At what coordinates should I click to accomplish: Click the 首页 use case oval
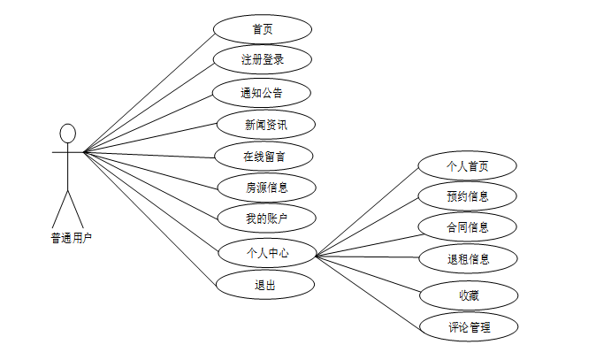coord(263,28)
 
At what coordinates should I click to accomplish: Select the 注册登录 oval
coord(263,60)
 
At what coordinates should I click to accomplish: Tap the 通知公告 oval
coord(263,92)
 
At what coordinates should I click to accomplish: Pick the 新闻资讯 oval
coord(265,124)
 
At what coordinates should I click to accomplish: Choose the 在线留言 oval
coord(264,157)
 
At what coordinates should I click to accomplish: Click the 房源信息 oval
coord(265,188)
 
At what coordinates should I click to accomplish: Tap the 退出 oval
coord(265,284)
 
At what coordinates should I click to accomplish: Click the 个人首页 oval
coord(467,165)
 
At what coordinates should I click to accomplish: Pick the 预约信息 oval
coord(467,195)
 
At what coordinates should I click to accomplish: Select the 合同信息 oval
coord(467,227)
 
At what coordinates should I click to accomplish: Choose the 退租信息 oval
coord(467,259)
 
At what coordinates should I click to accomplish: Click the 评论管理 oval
coord(467,326)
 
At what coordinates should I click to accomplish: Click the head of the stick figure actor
coord(67,134)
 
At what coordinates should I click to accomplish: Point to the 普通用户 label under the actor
coord(71,238)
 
